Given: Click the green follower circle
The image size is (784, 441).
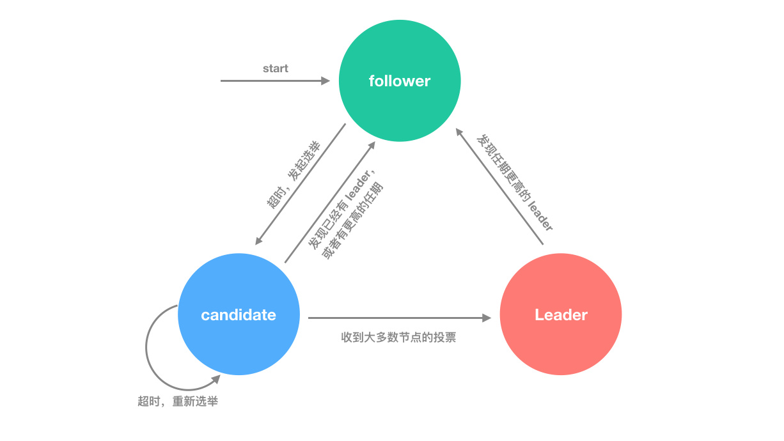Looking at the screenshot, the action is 400,81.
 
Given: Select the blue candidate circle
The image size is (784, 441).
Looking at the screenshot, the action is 239,314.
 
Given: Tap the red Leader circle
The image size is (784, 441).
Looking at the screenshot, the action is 561,314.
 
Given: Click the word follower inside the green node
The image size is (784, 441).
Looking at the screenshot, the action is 399,81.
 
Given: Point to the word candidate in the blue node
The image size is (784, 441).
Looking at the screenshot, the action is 239,314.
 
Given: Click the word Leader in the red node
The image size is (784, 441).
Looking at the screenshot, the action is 561,314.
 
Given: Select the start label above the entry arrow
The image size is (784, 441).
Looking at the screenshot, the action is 276,68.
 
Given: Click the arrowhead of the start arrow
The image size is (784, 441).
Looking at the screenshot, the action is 326,81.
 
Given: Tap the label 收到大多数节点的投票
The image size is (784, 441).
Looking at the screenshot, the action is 398,337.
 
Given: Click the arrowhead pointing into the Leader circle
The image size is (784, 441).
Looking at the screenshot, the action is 487,318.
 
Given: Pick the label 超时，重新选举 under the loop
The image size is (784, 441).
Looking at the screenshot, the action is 178,401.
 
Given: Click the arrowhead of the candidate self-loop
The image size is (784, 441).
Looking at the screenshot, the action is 216,379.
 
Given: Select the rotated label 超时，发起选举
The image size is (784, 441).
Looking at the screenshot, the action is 294,174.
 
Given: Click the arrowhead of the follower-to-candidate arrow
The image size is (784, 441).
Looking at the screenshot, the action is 258,240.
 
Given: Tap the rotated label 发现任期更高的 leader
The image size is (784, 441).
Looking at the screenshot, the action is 515,182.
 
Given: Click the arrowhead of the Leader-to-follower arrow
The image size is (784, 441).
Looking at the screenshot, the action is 459,132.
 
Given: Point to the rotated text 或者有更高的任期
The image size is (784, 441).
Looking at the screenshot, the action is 352,220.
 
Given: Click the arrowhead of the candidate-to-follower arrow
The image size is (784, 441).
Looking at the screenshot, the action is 372,146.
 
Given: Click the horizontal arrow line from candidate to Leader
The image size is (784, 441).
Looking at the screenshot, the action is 399,318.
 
